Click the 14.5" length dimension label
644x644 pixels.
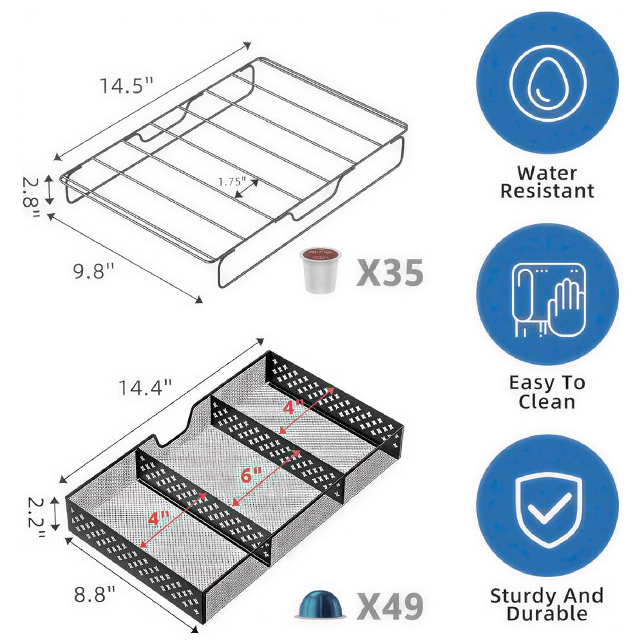126,86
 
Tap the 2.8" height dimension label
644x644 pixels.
31,198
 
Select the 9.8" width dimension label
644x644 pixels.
93,271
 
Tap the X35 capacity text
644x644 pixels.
390,272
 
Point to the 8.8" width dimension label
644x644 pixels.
95,594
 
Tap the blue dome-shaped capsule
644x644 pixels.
320,605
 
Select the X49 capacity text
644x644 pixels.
390,606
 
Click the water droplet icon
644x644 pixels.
547,85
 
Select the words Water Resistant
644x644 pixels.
547,182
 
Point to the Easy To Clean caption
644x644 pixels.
547,392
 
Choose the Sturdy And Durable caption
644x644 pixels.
547,604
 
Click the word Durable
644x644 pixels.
547,613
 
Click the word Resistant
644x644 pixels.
547,191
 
